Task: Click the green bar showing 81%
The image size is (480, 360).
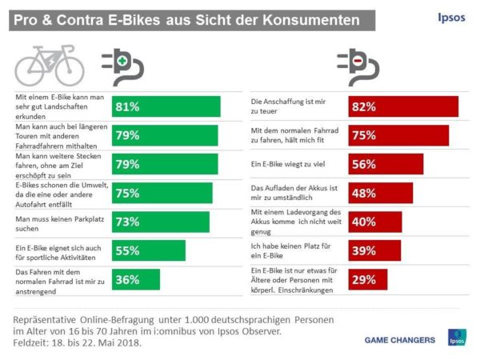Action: [166, 106]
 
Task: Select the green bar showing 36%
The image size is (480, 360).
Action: [135, 279]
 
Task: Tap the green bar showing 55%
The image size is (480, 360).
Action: [148, 250]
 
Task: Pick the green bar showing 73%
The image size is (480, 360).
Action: [160, 222]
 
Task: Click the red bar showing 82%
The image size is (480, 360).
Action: [402, 106]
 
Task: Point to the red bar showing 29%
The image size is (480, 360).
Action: [368, 279]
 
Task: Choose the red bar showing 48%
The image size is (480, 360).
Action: [380, 193]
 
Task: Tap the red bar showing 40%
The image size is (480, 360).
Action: [374, 222]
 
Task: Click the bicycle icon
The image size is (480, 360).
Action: [49, 62]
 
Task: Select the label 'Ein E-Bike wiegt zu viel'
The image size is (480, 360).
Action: [292, 164]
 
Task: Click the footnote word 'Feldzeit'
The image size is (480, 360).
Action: [33, 342]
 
